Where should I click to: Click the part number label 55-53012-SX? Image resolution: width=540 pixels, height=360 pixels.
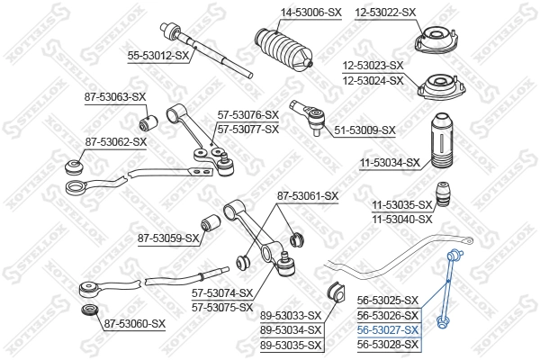coord(158,56)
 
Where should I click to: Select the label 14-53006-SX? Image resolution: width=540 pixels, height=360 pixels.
coord(286,12)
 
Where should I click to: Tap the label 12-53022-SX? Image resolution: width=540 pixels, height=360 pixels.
coord(386,12)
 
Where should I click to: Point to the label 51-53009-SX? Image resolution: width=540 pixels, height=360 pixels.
coord(364,130)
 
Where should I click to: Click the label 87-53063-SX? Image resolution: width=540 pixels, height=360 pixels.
coord(115,96)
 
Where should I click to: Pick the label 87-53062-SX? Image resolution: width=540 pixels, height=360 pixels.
coord(116,141)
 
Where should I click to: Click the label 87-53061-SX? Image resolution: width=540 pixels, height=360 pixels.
coord(307,195)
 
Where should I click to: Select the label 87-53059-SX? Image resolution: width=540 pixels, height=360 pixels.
coord(168,238)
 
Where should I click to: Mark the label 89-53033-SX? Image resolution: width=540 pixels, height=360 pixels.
coord(291,315)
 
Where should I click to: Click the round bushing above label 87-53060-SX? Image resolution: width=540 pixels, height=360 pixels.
coord(88,310)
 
